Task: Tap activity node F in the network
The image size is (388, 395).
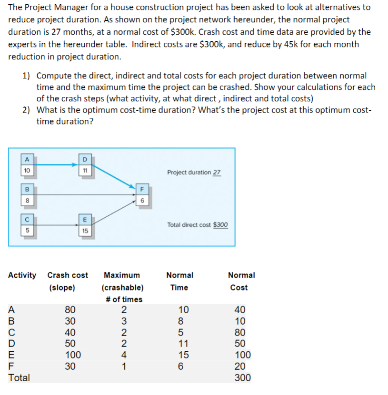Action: [x=141, y=195]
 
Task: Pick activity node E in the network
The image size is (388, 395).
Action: [x=84, y=225]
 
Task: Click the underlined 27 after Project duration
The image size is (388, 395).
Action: [x=217, y=172]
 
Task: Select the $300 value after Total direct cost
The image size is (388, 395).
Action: [x=221, y=224]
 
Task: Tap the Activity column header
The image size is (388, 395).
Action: [x=22, y=275]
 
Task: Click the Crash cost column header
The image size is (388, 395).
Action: [x=68, y=275]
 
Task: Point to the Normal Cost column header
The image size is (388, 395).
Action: [x=241, y=275]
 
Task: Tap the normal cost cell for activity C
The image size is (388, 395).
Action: [x=240, y=332]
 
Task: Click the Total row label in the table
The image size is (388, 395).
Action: [x=20, y=378]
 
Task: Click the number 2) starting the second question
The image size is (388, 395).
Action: [x=27, y=110]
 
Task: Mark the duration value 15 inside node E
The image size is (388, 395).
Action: [x=84, y=231]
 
